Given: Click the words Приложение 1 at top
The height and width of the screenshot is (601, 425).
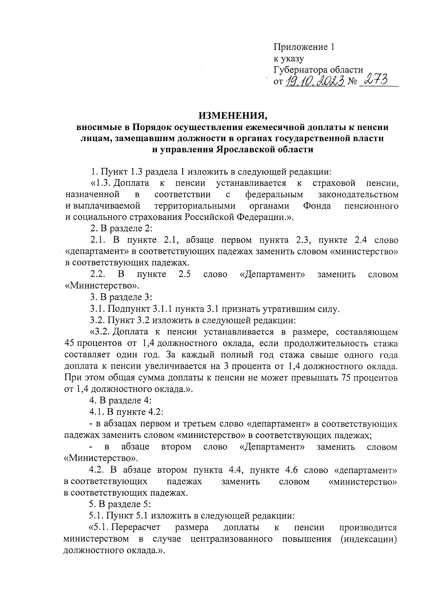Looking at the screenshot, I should pyautogui.click(x=304, y=47).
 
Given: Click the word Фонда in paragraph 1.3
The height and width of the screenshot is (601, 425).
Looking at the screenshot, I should pyautogui.click(x=317, y=206).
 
